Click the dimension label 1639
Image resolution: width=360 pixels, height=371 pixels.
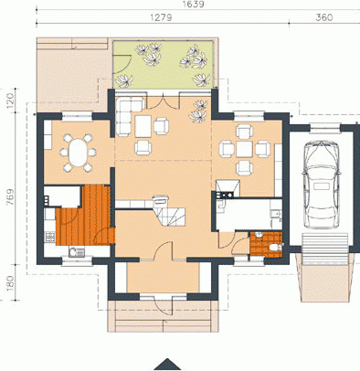pyautogui.click(x=193, y=5)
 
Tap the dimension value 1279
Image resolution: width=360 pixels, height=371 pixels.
pyautogui.click(x=161, y=17)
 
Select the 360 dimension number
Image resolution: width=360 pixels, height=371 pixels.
pyautogui.click(x=324, y=17)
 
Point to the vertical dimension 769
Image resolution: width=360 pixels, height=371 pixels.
pyautogui.click(x=10, y=196)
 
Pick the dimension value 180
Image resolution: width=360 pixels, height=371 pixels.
pyautogui.click(x=10, y=283)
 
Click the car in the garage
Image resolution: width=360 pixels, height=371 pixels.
pyautogui.click(x=323, y=185)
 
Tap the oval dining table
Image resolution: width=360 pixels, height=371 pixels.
pyautogui.click(x=78, y=153)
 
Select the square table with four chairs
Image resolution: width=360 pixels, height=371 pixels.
pyautogui.click(x=244, y=149)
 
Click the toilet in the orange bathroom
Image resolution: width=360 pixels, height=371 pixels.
pyautogui.click(x=276, y=247)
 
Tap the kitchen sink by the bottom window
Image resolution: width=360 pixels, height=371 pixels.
pyautogui.click(x=77, y=251)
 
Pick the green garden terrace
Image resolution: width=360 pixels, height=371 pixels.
pyautogui.click(x=163, y=64)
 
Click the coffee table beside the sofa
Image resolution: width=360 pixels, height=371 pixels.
pyautogui.click(x=143, y=126)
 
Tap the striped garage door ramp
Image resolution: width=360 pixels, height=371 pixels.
pyautogui.click(x=324, y=249)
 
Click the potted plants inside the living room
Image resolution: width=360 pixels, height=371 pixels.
pyautogui.click(x=198, y=111)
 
